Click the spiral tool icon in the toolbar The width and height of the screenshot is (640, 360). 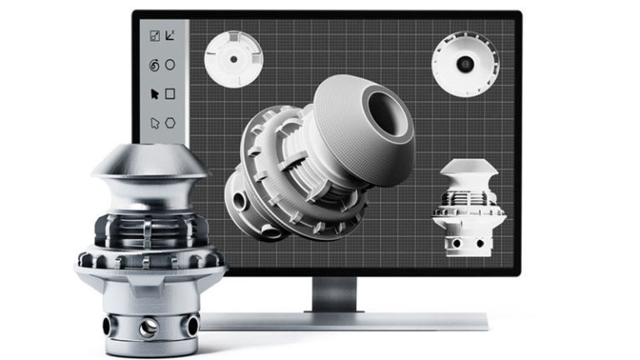coord(153,65)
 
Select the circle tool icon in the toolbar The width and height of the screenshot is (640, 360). coord(170,65)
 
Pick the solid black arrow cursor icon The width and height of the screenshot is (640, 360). coord(153,94)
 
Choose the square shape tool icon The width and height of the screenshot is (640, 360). coord(170,94)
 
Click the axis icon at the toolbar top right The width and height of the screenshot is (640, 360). coord(170,36)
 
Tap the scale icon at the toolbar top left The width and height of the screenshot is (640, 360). coord(153,36)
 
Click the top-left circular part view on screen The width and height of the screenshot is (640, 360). coord(234,59)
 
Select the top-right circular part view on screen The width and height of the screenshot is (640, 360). coord(464,63)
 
